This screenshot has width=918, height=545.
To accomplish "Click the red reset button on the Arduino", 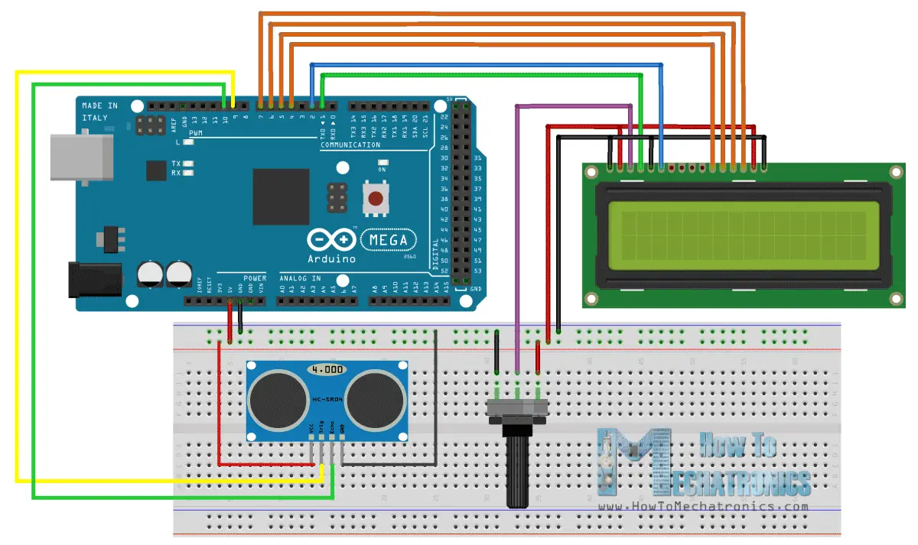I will pos(375,200).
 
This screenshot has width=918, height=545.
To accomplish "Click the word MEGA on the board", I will pos(389,240).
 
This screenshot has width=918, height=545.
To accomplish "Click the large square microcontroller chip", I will pos(281,196).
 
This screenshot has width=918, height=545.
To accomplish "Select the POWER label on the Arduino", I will pos(255,277).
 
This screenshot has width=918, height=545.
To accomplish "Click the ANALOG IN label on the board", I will pos(300,277).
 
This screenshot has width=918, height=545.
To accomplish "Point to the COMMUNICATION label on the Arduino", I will pos(350,144).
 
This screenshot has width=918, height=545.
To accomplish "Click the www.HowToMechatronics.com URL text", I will pos(703,506).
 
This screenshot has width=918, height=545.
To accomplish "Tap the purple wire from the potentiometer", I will pos(518,229).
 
